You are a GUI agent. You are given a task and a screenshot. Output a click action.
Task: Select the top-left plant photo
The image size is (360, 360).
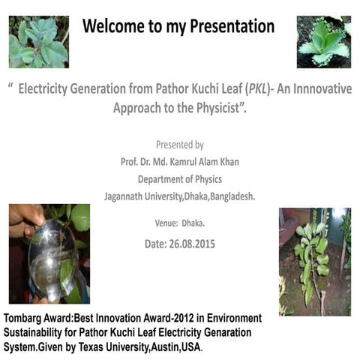pyautogui.click(x=38, y=41)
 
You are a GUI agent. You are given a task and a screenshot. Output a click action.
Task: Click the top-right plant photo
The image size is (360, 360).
pyautogui.click(x=324, y=41)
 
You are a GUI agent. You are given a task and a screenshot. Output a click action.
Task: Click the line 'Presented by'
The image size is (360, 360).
pyautogui.click(x=179, y=145)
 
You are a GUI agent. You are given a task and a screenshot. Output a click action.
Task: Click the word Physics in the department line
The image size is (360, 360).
pyautogui.click(x=206, y=179)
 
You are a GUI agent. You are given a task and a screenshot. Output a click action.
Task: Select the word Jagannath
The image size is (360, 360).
pyautogui.click(x=128, y=196)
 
